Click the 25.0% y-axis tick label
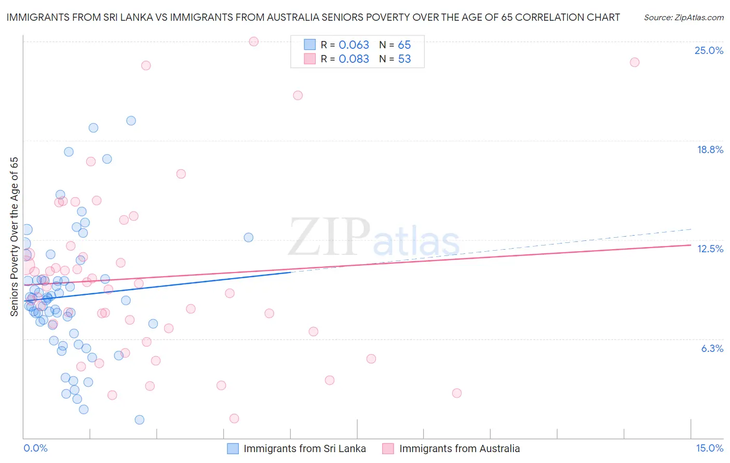pos(709,51)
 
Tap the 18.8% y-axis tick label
pos(710,150)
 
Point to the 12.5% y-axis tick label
pos(710,249)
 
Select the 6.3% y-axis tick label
pos(712,349)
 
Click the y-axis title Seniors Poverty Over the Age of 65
pos(14,237)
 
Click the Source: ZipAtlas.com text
pos(683,18)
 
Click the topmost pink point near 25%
pos(254,42)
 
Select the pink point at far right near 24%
pos(634,62)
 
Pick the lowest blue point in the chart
pos(140,420)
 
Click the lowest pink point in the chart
pos(234,418)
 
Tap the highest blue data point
pos(131,121)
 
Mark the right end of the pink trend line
pos(691,244)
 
